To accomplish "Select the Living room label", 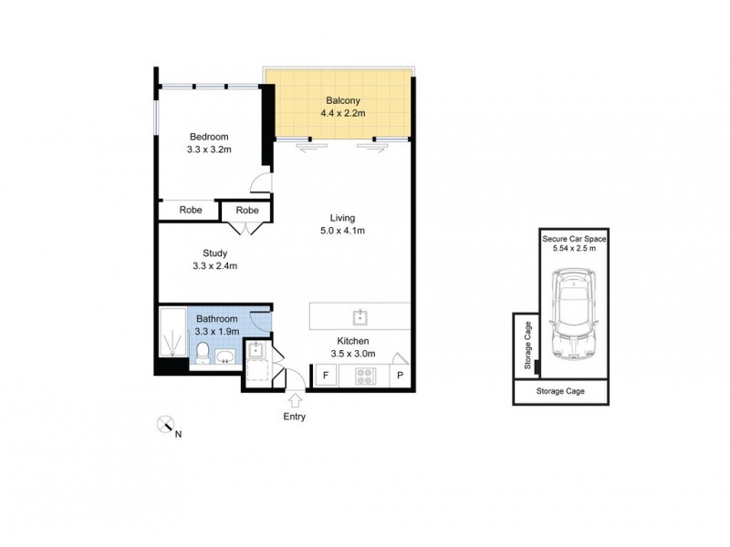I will (x=342, y=218).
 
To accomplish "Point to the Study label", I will (x=214, y=253).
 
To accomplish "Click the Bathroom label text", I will (x=216, y=319).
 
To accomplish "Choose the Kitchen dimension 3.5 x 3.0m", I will (x=354, y=356).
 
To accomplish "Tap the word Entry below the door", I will (x=294, y=417).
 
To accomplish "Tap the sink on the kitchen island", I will (x=362, y=316).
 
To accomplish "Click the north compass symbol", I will (x=165, y=424).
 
